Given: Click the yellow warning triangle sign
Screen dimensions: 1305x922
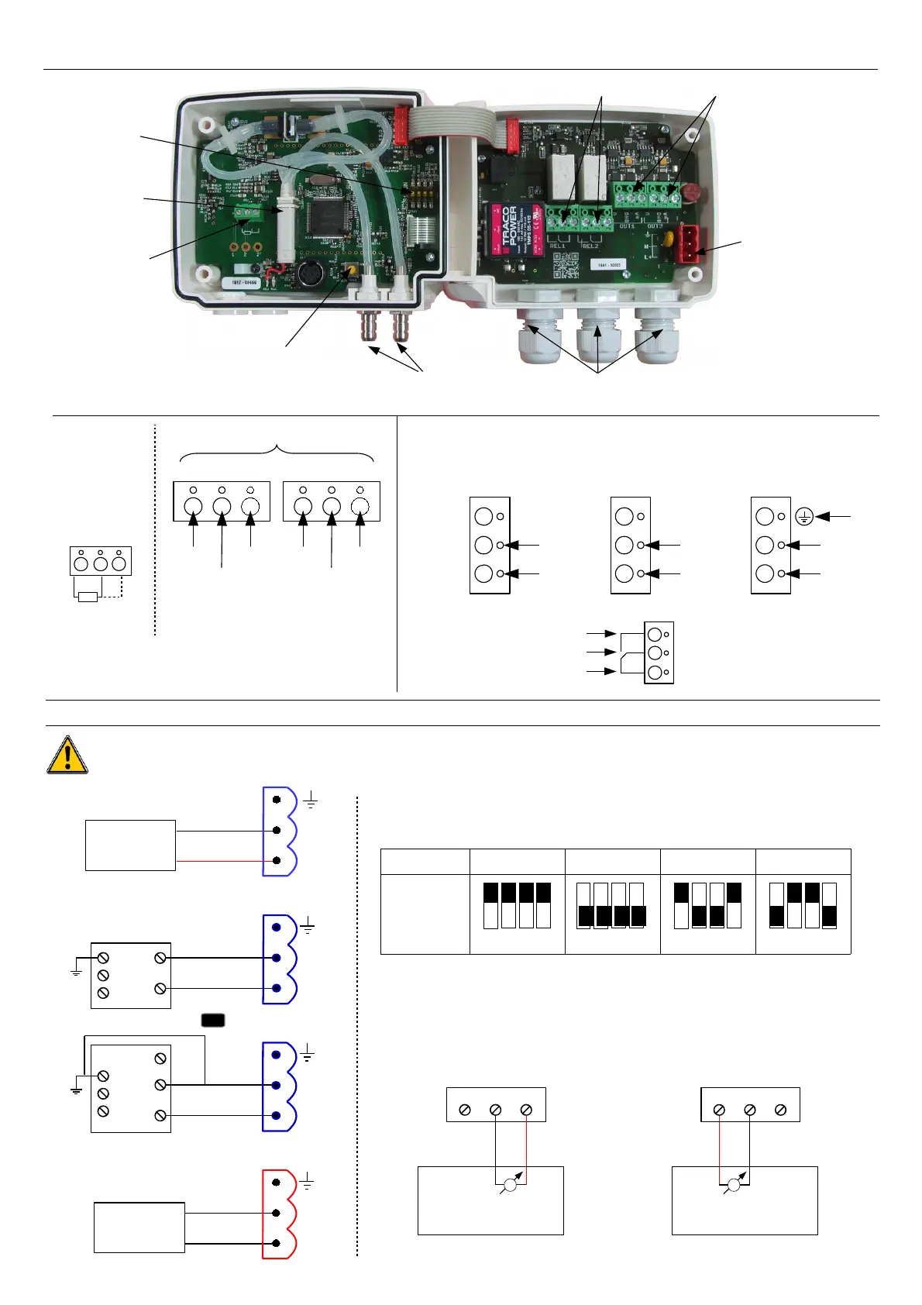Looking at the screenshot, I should [67, 756].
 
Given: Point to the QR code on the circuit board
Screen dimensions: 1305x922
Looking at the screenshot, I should [566, 266].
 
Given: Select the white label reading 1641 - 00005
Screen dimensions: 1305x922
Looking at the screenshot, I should [609, 265].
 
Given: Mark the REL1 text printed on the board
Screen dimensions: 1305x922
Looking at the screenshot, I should [558, 246].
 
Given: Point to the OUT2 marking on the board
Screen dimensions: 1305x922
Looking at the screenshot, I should [655, 226].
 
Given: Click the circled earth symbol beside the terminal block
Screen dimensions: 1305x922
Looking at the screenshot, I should [804, 517].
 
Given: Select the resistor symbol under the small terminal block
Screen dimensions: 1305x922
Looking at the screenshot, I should [88, 597].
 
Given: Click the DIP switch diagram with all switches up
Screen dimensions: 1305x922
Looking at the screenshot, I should [517, 905].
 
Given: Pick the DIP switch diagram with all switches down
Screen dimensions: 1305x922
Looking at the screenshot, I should [611, 905].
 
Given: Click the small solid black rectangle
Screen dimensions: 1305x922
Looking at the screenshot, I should [213, 1020].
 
